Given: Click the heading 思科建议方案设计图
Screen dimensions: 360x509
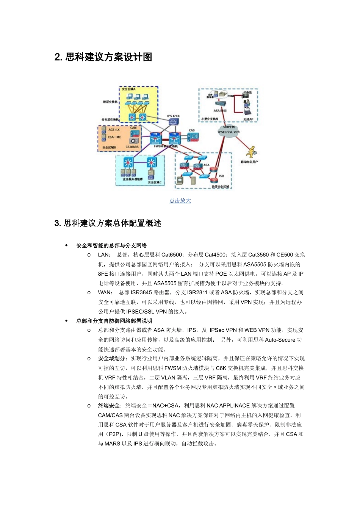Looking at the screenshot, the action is tap(103, 57).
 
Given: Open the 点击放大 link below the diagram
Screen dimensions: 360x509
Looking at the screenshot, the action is tap(180, 201).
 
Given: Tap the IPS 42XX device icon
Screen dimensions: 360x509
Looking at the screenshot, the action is tap(174, 122).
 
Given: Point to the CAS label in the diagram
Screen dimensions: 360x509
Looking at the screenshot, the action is tap(192, 130).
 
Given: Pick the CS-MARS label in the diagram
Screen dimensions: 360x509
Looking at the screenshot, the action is tap(132, 147).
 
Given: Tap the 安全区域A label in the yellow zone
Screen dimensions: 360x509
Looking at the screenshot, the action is tap(128, 89).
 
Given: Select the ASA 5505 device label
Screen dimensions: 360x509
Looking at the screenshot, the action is tap(220, 111).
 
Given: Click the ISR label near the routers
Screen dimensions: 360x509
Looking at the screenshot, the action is tap(221, 176).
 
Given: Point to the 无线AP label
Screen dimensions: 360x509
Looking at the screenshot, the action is tap(248, 119).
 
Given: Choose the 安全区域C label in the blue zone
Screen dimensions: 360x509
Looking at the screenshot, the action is tap(155, 182).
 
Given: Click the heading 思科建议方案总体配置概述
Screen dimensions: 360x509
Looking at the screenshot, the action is tap(108, 223).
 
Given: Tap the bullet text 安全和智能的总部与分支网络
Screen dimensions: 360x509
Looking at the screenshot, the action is tap(111, 245).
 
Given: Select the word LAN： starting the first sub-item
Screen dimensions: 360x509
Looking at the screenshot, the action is tap(104, 255).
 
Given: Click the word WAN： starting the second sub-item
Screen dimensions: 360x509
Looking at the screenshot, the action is tap(105, 292).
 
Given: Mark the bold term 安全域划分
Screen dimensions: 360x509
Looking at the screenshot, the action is tap(113, 358).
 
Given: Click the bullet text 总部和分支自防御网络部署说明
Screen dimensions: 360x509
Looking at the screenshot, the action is tap(114, 321).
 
